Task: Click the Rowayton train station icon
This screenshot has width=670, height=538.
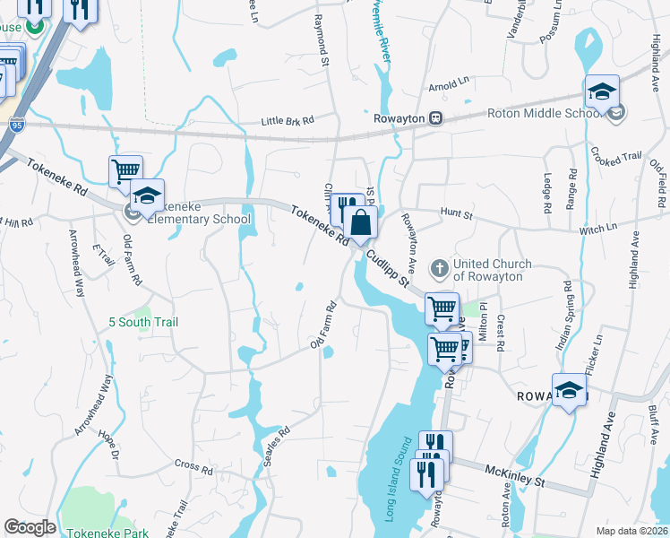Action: pos(435,117)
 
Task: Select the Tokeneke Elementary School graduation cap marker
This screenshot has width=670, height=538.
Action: pos(147,195)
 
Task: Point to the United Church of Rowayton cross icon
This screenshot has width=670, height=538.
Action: pos(440,268)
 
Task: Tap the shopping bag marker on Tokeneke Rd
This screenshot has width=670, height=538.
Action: pos(360,223)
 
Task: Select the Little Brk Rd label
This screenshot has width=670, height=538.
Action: pos(288,120)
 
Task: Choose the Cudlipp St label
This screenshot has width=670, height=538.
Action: pos(386,269)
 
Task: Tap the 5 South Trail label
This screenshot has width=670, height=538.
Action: pos(143,321)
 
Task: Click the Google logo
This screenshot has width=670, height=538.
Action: pos(30,527)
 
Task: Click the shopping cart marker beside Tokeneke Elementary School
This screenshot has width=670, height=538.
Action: pos(125,170)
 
